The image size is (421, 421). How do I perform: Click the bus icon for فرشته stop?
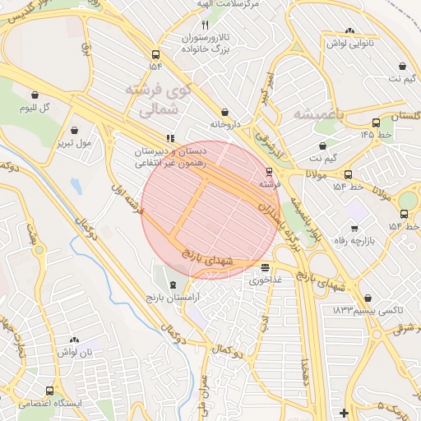(x=269, y=171)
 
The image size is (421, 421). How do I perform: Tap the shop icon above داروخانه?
(x=224, y=113)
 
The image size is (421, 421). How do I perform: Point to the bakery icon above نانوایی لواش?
(x=350, y=30)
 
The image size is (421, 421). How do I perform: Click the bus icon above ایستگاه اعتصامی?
(x=51, y=391)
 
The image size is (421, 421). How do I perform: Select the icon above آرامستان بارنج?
(x=172, y=284)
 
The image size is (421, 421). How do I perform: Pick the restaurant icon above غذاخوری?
(x=265, y=267)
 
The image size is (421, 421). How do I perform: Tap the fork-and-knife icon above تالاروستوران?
(x=205, y=25)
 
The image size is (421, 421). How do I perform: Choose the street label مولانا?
(x=318, y=175)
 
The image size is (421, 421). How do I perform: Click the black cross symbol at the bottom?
(x=344, y=412)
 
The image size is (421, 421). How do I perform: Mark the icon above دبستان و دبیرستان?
(x=170, y=139)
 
